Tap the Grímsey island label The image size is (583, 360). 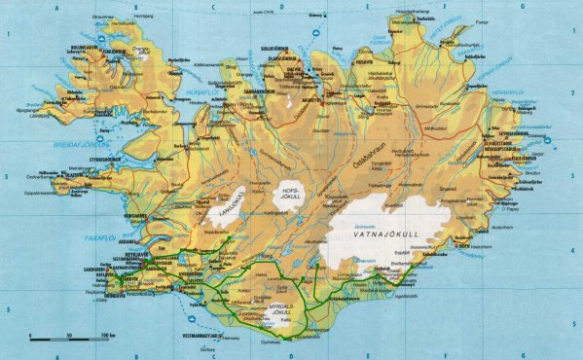coord(314,16)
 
